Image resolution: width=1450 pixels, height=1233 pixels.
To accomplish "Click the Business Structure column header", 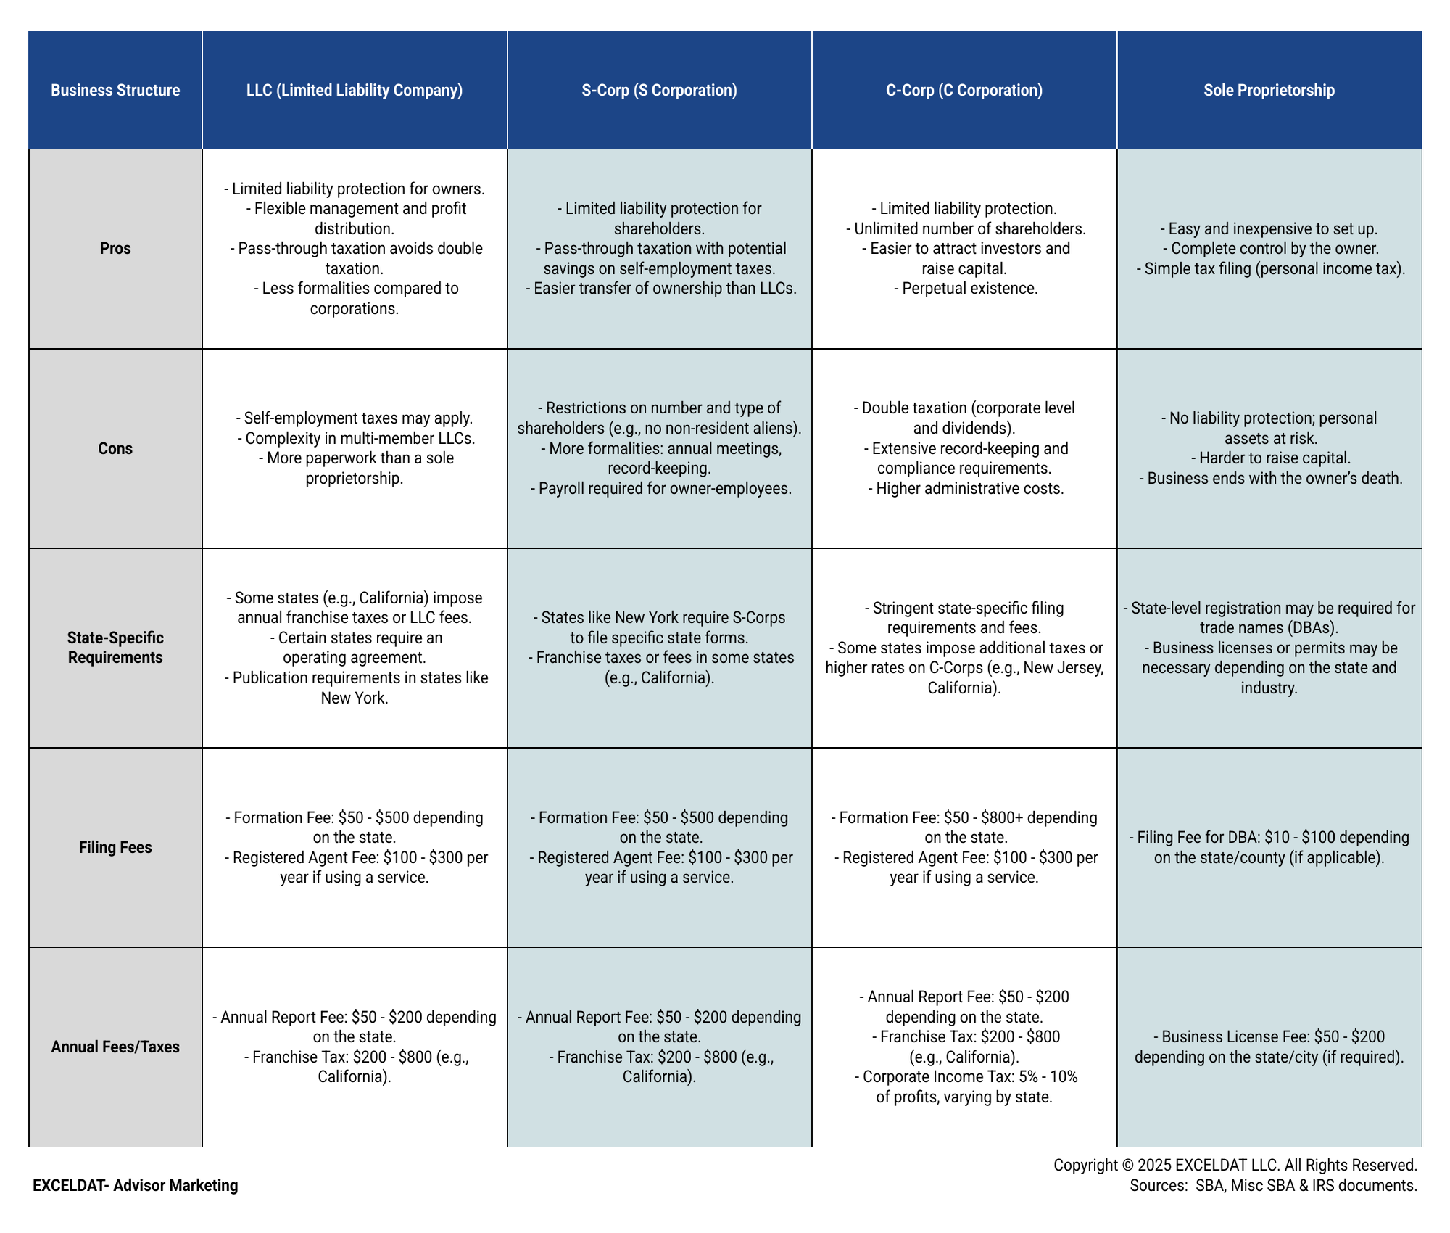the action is tap(115, 90).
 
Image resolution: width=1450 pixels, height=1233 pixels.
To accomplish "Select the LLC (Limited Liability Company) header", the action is tap(355, 90).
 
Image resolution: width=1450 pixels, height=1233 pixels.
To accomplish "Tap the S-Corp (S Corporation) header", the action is tap(659, 90).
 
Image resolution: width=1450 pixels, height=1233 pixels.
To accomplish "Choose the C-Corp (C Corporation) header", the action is tap(964, 90).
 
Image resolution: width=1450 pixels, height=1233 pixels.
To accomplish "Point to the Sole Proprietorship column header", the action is tap(1269, 90).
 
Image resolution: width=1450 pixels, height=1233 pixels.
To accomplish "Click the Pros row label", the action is tap(115, 248).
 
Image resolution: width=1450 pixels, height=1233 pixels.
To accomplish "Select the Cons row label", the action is tap(115, 448).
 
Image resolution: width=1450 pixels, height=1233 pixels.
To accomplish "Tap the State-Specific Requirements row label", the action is tap(115, 648).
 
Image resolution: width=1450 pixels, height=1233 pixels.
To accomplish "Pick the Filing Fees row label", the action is tap(115, 847).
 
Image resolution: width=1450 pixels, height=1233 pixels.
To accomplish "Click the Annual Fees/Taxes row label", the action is tap(115, 1047).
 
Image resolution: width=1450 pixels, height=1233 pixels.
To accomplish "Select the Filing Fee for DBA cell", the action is tap(1269, 847).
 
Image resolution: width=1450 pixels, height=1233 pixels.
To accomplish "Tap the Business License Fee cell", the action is tap(1269, 1047).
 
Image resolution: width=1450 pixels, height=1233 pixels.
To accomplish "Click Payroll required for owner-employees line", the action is tap(660, 488).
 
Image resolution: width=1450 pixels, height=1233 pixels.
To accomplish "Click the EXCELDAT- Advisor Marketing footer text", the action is tap(135, 1185).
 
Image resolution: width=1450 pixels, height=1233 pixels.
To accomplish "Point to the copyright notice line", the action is tap(1235, 1165).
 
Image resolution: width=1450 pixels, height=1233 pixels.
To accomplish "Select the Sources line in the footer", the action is tap(1273, 1185).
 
